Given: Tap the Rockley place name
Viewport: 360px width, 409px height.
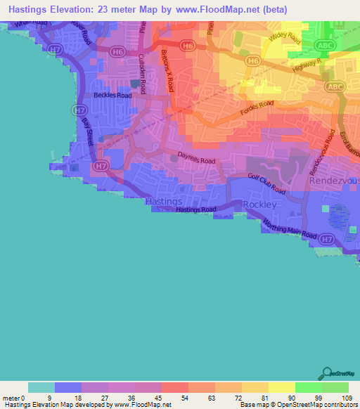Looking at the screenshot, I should (256, 204).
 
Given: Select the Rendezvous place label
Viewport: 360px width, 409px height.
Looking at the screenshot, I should (334, 181).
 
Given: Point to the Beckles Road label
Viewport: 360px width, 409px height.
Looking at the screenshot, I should (112, 95).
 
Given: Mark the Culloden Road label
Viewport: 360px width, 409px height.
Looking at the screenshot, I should (143, 74).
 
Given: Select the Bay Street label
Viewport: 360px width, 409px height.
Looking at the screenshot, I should (88, 131).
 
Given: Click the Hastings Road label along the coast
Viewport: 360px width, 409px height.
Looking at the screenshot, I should (196, 210).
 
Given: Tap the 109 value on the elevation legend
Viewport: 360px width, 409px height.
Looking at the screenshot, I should (349, 398).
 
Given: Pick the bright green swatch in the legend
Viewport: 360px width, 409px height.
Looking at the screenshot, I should (309, 388).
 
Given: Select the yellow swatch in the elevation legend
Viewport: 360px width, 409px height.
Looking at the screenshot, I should (282, 388).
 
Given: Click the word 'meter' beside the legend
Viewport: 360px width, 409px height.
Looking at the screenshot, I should (12, 398).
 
